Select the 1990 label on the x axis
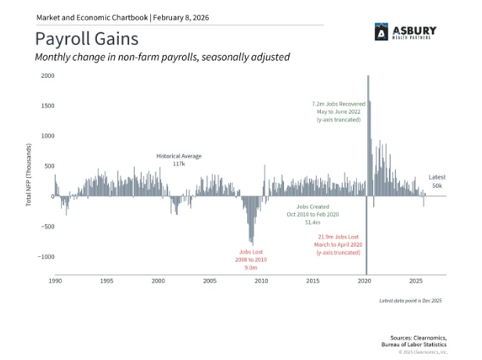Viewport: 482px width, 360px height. point(56,281)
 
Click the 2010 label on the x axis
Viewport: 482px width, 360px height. point(261,281)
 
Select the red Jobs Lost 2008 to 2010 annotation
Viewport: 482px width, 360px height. point(250,259)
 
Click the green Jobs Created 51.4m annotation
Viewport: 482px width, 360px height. point(313,213)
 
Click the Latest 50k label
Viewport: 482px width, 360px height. point(438,181)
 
